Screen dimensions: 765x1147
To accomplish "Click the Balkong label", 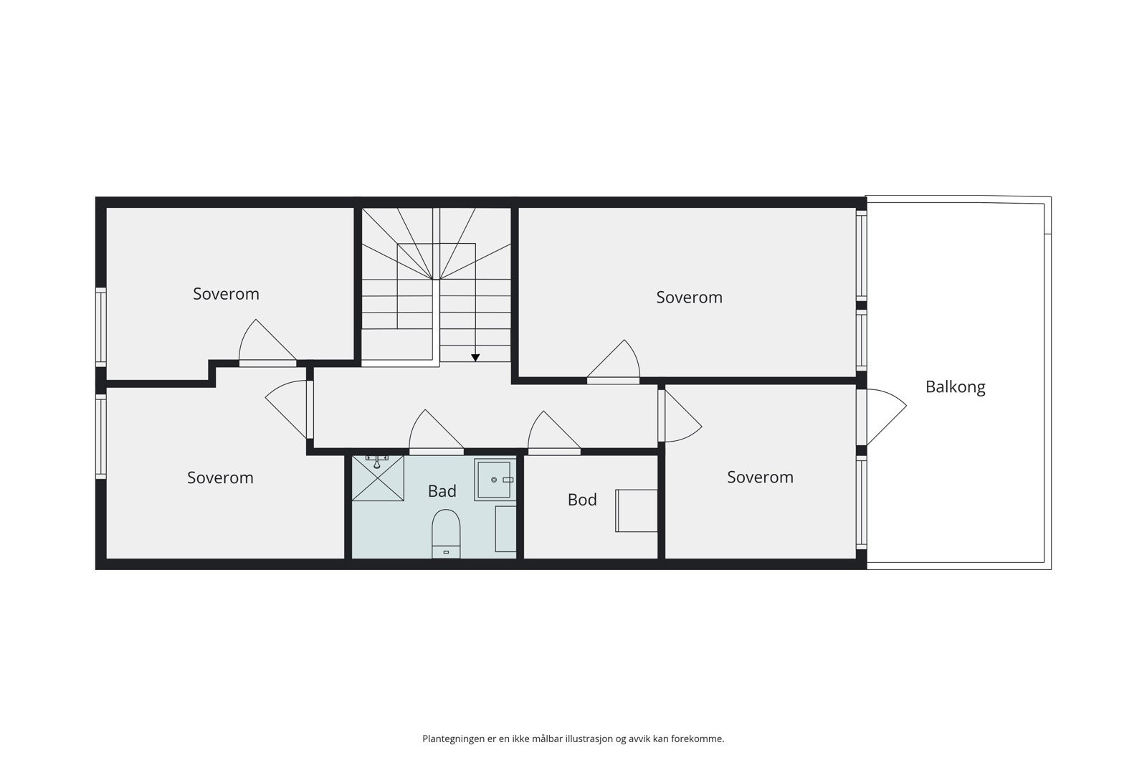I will tap(955, 387).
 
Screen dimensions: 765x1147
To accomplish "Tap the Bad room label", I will tap(442, 491).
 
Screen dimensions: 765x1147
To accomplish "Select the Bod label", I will tap(582, 500).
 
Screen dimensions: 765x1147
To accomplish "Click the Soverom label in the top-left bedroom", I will tap(226, 294).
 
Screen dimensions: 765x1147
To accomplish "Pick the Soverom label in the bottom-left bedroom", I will tap(220, 478).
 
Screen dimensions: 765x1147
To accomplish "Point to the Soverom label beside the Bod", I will tap(760, 477).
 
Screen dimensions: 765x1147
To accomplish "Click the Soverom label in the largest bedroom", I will tap(689, 298).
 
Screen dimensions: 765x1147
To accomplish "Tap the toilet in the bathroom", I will tap(445, 533).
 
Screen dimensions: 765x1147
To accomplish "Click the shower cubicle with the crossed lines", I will tap(378, 478).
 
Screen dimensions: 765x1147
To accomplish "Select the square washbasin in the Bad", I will tap(495, 480).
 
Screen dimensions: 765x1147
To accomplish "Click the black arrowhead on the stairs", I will tap(475, 357).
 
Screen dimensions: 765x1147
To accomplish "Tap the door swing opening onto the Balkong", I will tap(883, 417).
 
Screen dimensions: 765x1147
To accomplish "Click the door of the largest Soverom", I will tap(614, 362).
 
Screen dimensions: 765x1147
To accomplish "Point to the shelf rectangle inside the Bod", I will tap(637, 510).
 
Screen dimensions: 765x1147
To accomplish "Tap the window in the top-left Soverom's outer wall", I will tap(101, 327).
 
